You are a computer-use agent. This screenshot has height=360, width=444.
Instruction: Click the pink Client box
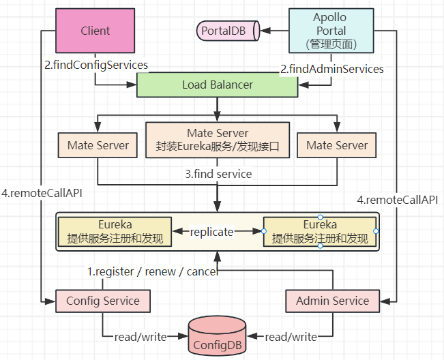95,31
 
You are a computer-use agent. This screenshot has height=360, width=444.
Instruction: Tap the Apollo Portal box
331,31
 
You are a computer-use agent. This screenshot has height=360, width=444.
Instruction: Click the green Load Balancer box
218,85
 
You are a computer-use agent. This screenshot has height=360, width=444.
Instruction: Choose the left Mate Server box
98,145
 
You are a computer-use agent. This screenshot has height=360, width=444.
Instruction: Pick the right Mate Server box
337,145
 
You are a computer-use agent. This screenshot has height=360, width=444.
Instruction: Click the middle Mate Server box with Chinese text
218,140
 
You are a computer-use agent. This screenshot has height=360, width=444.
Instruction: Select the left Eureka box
114,232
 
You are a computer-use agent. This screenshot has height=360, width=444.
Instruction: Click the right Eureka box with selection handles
320,232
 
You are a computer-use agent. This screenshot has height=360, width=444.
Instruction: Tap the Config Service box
102,301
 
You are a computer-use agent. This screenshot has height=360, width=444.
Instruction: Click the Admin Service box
332,301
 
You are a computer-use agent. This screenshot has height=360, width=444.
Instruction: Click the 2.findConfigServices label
97,65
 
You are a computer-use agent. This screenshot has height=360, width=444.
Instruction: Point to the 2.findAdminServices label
332,69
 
